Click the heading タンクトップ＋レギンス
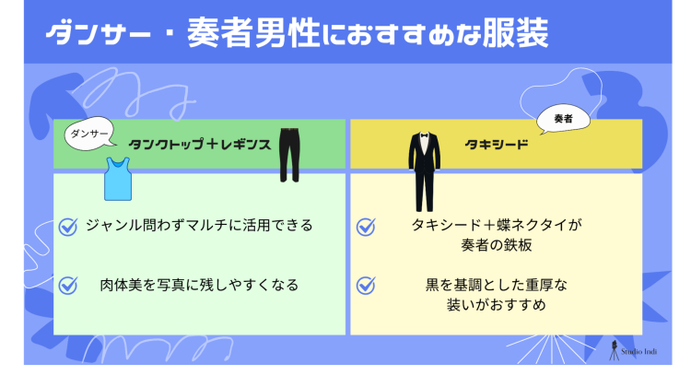(199, 145)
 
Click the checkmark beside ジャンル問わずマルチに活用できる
(67, 226)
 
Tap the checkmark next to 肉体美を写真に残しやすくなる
(67, 285)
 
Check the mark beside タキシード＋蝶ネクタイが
(366, 226)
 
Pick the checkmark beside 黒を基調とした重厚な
(366, 285)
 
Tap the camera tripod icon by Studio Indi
(615, 348)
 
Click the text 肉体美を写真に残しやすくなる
(199, 285)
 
